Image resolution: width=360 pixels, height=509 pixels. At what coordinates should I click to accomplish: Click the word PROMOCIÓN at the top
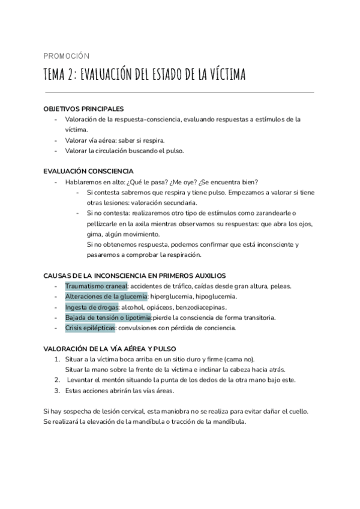pos(67,56)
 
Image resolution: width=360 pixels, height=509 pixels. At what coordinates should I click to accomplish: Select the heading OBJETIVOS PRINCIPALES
pos(84,109)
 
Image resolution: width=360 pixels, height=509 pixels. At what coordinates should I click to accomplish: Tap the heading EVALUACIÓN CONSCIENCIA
pos(89,171)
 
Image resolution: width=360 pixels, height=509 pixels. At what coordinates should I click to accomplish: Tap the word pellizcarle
pos(105,223)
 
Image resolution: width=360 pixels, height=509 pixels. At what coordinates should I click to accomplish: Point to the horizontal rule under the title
pos(179,92)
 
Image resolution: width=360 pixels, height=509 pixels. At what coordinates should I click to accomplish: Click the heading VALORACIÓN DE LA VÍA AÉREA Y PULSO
pos(110,348)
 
